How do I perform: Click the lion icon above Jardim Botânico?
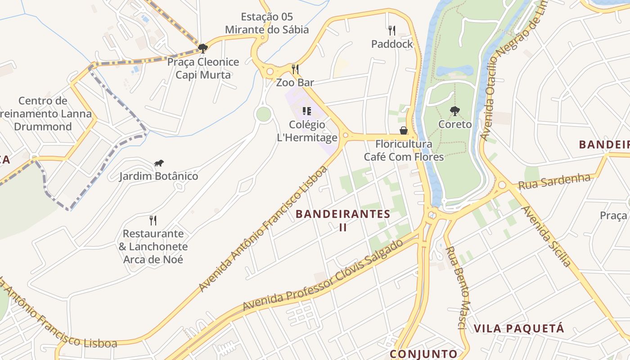point(158,163)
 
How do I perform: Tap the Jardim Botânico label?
point(158,176)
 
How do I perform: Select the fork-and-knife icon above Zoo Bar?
point(295,69)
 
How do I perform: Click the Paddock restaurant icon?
point(392,31)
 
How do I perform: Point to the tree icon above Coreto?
point(455,111)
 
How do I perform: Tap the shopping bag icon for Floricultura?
point(404,130)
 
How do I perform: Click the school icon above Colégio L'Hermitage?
point(307,111)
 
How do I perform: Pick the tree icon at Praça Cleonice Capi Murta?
point(203,48)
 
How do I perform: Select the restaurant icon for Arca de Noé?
point(153,220)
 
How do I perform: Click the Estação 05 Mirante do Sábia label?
point(267,23)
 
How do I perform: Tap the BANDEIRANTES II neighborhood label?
point(343,220)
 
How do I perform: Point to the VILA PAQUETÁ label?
point(519,328)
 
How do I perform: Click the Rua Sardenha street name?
point(554,182)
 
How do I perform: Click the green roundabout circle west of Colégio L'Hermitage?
point(264,114)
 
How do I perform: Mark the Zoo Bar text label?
point(295,82)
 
